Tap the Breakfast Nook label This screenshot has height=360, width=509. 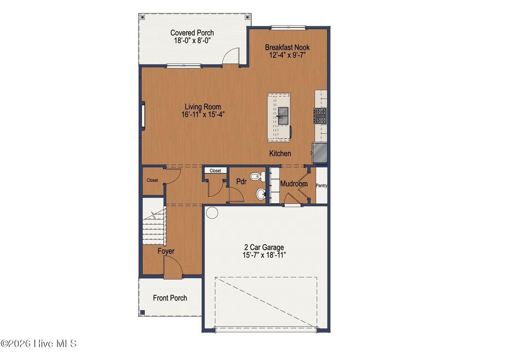click(x=287, y=47)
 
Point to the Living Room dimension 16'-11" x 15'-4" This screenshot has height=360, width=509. click(x=203, y=114)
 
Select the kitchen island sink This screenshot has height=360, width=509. click(x=283, y=116)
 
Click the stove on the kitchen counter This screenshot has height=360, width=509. click(x=321, y=116)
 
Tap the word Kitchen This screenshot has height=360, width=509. click(x=280, y=154)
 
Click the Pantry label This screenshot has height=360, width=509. click(x=322, y=186)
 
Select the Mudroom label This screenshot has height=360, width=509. click(x=294, y=184)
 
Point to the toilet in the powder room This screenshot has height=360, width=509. click(x=254, y=176)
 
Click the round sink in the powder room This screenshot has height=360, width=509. click(x=260, y=194)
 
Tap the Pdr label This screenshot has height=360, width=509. click(x=241, y=182)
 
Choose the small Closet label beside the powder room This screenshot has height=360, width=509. click(x=215, y=171)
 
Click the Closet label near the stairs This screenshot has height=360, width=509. click(x=152, y=180)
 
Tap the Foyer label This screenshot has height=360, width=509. click(x=166, y=251)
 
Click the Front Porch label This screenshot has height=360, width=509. click(x=170, y=298)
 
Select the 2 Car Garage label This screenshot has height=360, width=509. click(x=264, y=247)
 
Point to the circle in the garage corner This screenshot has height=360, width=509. click(x=212, y=213)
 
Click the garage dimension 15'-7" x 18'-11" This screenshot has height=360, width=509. click(x=264, y=255)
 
